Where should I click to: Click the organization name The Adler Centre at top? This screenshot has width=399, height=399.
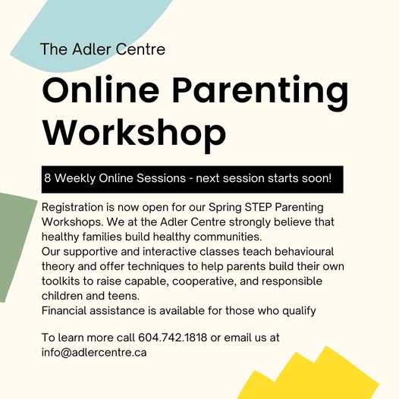tap(102, 49)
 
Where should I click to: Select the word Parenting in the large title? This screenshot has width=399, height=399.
tap(260, 93)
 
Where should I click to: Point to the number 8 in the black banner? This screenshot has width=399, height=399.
tap(47, 178)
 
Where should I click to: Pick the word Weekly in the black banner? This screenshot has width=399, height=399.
tap(75, 178)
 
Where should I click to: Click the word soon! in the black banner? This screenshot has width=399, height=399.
tap(317, 178)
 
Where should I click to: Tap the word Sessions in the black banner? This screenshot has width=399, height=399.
tap(162, 178)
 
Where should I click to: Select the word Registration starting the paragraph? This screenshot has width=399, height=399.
tap(72, 208)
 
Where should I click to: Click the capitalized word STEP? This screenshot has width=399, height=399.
tap(258, 207)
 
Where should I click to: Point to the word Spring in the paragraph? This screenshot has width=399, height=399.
tap(225, 208)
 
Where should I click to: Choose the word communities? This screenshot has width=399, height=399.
tap(228, 237)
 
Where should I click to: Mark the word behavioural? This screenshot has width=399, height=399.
tap(304, 251)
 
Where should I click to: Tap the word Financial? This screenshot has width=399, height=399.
tap(64, 310)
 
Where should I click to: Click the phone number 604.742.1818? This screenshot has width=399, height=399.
tap(172, 338)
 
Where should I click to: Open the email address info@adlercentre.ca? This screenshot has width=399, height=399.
tap(94, 353)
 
